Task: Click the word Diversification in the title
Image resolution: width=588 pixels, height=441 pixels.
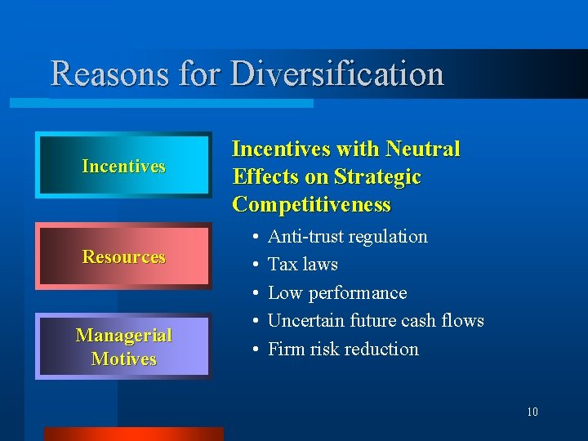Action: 337,73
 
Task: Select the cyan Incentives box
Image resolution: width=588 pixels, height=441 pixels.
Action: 123,166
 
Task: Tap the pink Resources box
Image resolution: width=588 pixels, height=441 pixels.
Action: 123,256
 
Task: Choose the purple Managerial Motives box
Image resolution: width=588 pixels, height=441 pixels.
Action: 123,346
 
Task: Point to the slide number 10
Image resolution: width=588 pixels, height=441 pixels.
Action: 532,412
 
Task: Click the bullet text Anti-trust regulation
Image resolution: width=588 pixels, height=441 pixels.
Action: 347,237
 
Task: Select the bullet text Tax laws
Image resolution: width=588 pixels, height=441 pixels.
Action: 302,265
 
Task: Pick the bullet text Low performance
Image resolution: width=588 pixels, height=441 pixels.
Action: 336,292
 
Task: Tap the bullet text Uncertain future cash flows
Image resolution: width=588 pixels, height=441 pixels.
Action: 376,320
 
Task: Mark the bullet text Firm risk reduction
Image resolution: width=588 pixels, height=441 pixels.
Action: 343,349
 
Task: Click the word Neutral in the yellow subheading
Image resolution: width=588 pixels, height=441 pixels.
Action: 422,149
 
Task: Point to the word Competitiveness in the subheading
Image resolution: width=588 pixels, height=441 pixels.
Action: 311,204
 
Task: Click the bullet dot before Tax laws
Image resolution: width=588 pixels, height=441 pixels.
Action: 256,265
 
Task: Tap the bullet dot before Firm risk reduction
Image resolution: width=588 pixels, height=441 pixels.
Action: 256,350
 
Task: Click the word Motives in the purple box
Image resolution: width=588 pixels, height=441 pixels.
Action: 123,359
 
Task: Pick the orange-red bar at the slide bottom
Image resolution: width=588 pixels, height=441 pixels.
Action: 132,434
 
